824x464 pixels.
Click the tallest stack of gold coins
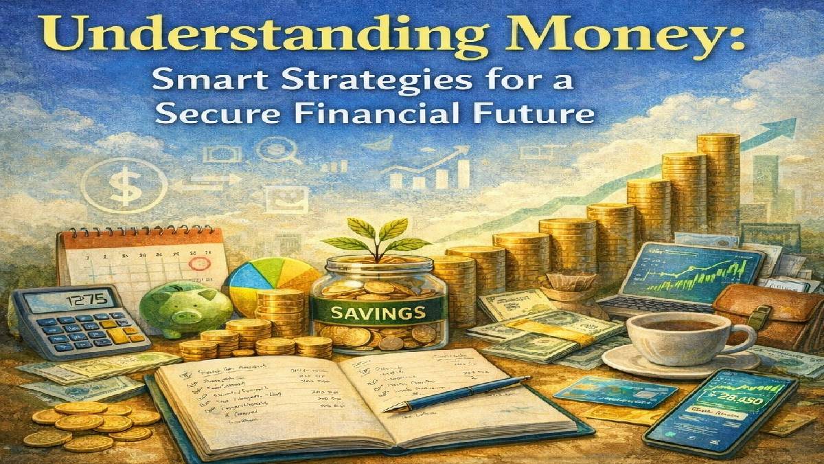(x=717, y=179)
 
